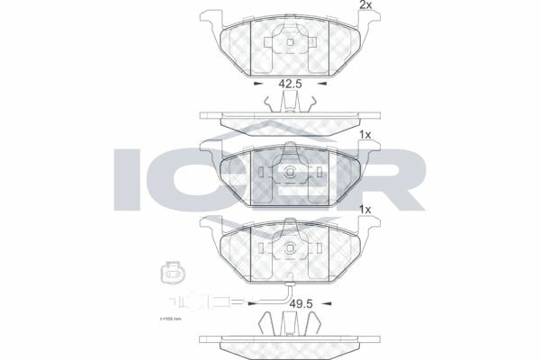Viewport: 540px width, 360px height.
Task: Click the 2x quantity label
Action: [365, 5]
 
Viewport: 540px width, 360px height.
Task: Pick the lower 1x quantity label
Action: [365, 210]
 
